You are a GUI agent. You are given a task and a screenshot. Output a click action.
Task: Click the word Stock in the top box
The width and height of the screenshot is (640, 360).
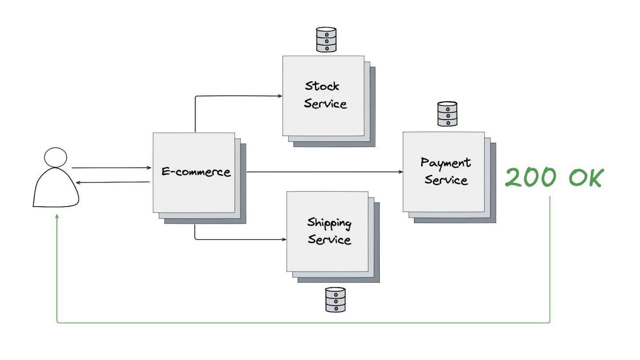point(322,86)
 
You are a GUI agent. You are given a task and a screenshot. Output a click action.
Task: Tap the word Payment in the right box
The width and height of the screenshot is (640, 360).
point(445,163)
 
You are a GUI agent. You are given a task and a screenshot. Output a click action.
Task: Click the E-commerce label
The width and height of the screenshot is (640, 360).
point(196,172)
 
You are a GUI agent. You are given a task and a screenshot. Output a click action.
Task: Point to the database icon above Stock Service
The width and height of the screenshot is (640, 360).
point(326,40)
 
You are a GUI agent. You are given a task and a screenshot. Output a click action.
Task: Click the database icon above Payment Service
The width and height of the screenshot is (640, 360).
point(447,114)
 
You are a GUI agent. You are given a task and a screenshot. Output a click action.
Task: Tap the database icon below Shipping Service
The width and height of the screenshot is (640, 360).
point(335,299)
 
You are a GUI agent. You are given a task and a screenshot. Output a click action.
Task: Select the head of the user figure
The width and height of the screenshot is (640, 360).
point(56,157)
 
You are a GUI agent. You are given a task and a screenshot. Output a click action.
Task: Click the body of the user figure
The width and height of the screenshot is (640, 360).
point(56,189)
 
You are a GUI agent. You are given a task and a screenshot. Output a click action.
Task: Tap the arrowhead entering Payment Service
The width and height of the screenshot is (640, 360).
point(400,172)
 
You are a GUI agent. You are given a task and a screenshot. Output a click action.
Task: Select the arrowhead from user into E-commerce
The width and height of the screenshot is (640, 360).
point(149,168)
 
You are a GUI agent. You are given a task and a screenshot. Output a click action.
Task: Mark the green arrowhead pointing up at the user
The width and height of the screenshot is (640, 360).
point(57,216)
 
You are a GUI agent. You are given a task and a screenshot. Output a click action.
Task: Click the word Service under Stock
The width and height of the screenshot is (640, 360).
point(325,104)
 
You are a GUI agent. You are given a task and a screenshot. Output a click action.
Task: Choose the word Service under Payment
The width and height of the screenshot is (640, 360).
point(446,180)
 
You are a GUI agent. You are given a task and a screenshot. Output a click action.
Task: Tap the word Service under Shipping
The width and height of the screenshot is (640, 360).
point(329,240)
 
